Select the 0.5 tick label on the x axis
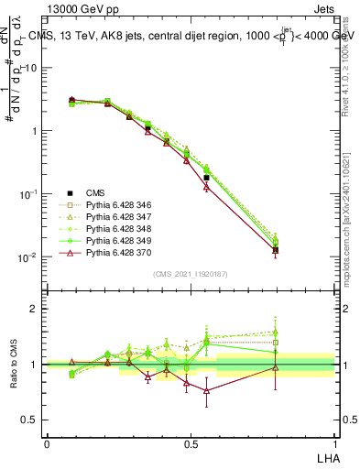point(190,443)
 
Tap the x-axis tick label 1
point(334,443)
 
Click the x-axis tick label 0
point(46,443)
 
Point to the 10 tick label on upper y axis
point(31,68)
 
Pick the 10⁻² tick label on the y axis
point(29,256)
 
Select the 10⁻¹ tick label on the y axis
point(29,193)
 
